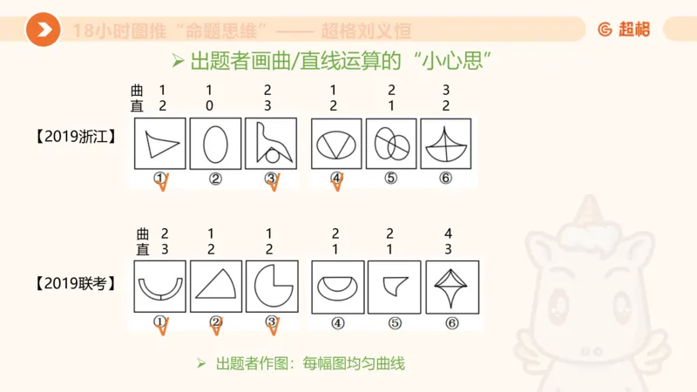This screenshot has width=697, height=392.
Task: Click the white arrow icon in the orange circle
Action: pyautogui.click(x=43, y=30)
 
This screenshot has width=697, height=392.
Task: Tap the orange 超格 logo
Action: pyautogui.click(x=624, y=29)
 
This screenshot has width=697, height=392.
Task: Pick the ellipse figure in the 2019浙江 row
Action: pyautogui.click(x=215, y=144)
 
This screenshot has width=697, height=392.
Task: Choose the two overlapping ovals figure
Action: pyautogui.click(x=391, y=145)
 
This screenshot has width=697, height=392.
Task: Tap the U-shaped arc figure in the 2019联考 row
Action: pyautogui.click(x=159, y=287)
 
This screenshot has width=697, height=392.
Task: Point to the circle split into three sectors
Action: pyautogui.click(x=336, y=144)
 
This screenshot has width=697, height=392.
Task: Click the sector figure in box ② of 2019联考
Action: pyautogui.click(x=215, y=286)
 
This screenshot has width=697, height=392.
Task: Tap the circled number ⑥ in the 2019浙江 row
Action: pyautogui.click(x=445, y=178)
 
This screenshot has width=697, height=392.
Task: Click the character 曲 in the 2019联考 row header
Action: pyautogui.click(x=142, y=233)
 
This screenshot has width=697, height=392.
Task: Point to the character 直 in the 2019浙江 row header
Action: pyautogui.click(x=137, y=105)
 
